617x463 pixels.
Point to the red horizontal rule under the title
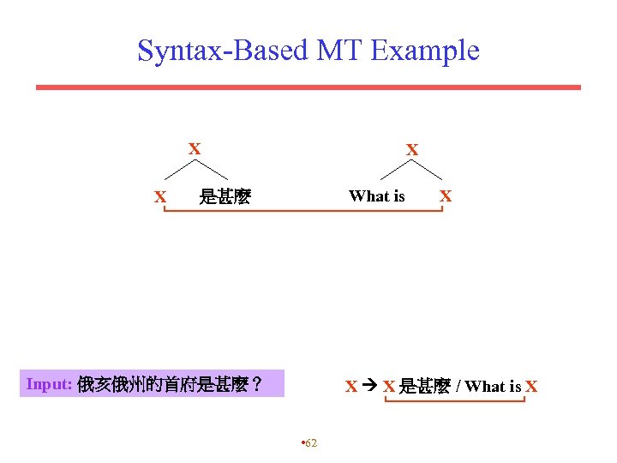[308, 87]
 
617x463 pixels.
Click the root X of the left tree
[195, 149]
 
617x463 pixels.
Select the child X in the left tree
[159, 197]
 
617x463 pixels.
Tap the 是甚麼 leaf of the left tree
[225, 197]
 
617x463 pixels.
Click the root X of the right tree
[412, 150]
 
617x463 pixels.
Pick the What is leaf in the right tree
[376, 196]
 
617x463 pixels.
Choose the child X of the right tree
[445, 195]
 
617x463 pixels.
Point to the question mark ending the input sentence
[255, 385]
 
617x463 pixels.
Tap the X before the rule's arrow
[350, 387]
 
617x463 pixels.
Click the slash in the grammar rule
[458, 387]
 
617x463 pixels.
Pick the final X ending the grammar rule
[531, 387]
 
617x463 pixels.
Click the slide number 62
[310, 442]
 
